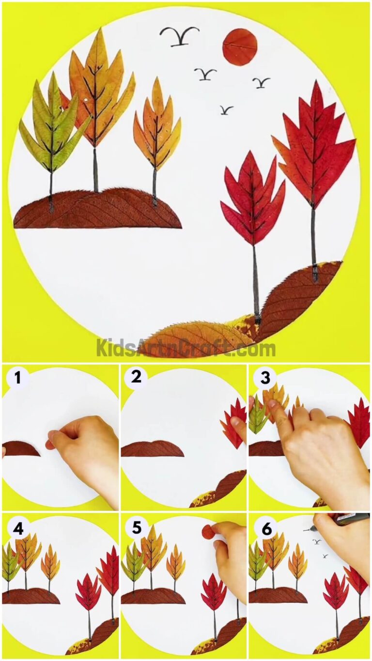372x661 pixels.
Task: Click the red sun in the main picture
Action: click(x=239, y=46)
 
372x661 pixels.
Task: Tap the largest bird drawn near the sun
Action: click(x=180, y=36)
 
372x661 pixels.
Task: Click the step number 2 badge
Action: click(x=136, y=376)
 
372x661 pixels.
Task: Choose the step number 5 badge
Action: click(x=137, y=528)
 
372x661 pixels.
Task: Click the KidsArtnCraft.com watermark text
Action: click(x=186, y=348)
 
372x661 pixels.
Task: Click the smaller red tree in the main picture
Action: click(x=253, y=199)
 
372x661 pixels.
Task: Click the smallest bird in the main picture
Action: click(x=225, y=110)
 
